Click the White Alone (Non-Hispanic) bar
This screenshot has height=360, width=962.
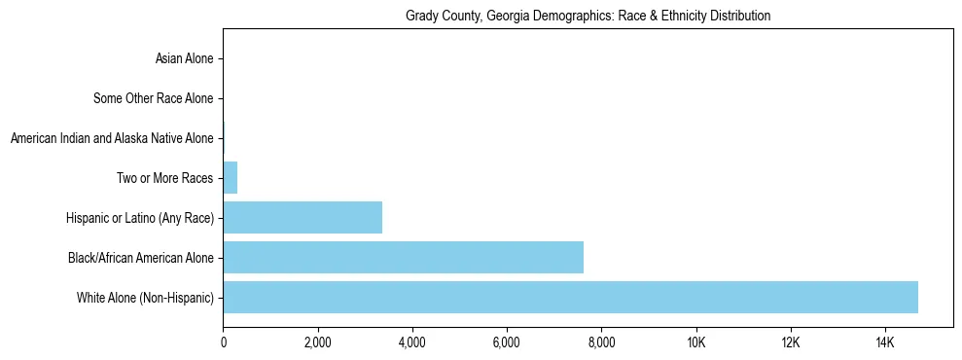pyautogui.click(x=570, y=298)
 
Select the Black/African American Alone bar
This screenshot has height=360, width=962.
pyautogui.click(x=403, y=258)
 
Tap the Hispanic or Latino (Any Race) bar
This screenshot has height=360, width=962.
pyautogui.click(x=303, y=218)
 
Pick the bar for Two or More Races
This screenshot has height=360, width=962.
pyautogui.click(x=231, y=178)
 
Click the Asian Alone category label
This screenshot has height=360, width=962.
pyautogui.click(x=184, y=59)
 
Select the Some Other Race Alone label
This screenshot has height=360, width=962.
pyautogui.click(x=153, y=98)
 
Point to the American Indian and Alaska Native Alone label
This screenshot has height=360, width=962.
pyautogui.click(x=112, y=138)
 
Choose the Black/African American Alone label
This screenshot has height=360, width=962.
pyautogui.click(x=141, y=258)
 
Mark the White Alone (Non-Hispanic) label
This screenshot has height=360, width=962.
pyautogui.click(x=145, y=298)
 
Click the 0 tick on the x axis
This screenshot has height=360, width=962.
pyautogui.click(x=223, y=342)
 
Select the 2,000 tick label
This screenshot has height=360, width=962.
pyautogui.click(x=317, y=342)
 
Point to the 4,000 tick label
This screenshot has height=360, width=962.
pyautogui.click(x=412, y=342)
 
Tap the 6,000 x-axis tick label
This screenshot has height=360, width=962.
pyautogui.click(x=507, y=342)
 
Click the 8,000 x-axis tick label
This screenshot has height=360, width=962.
pyautogui.click(x=601, y=342)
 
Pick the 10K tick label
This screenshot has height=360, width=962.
pyautogui.click(x=695, y=342)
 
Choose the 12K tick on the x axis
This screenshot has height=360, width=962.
pyautogui.click(x=790, y=342)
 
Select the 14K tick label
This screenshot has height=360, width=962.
pyautogui.click(x=884, y=342)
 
